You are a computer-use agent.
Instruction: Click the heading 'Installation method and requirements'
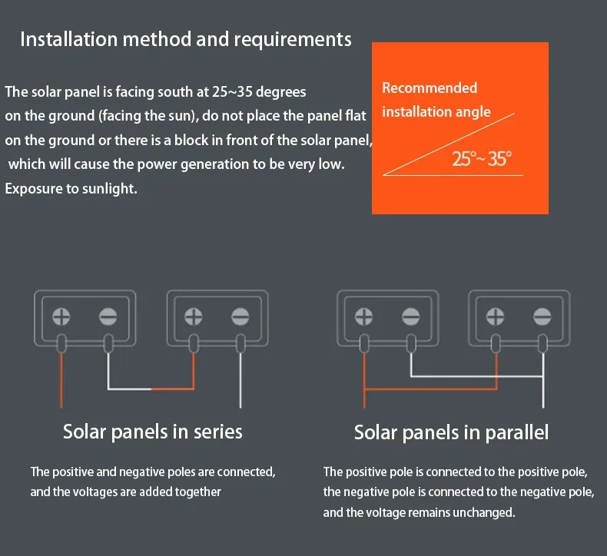pyautogui.click(x=185, y=39)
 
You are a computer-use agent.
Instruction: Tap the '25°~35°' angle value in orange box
pyautogui.click(x=482, y=160)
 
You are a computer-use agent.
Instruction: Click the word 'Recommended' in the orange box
pyautogui.click(x=430, y=88)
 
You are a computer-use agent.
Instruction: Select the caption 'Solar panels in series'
pyautogui.click(x=152, y=432)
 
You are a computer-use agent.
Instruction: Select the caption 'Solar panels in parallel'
pyautogui.click(x=451, y=433)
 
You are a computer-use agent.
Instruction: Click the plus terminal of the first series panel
pyautogui.click(x=61, y=316)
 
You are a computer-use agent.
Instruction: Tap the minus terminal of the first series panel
pyautogui.click(x=108, y=316)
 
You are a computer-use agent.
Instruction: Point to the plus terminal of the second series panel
pyautogui.click(x=194, y=316)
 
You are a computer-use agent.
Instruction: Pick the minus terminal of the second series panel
pyautogui.click(x=241, y=316)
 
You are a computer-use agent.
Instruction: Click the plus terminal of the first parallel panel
pyautogui.click(x=364, y=316)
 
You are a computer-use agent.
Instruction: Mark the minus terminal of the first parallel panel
pyautogui.click(x=411, y=316)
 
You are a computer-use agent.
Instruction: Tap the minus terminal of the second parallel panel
pyautogui.click(x=543, y=316)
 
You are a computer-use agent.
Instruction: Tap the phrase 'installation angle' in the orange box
pyautogui.click(x=436, y=112)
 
